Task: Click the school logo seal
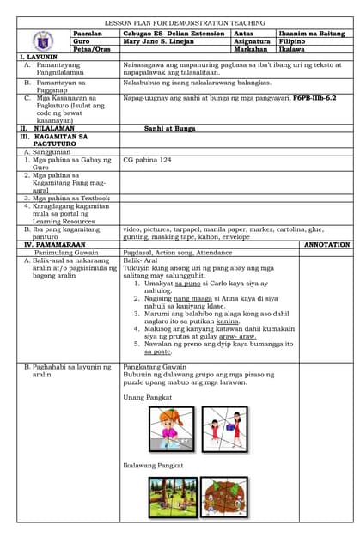coord(43,40)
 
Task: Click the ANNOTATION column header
coord(327,245)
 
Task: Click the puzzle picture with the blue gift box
coord(224,428)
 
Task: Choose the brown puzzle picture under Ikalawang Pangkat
coord(225,498)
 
